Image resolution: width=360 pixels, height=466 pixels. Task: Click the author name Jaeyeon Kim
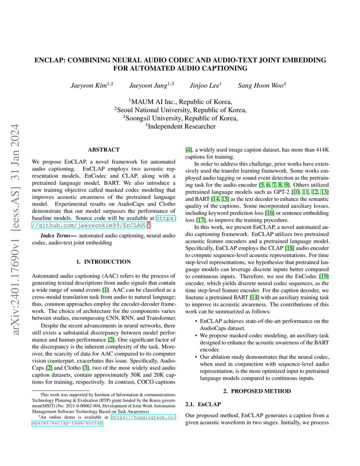[89, 86]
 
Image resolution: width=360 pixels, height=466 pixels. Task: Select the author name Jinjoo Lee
[204, 86]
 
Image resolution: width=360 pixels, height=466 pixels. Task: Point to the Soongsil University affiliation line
[180, 118]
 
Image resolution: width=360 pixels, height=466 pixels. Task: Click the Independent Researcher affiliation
[180, 126]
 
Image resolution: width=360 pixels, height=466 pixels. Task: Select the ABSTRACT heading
[103, 150]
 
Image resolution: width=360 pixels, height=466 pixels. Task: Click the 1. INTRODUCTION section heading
[103, 262]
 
